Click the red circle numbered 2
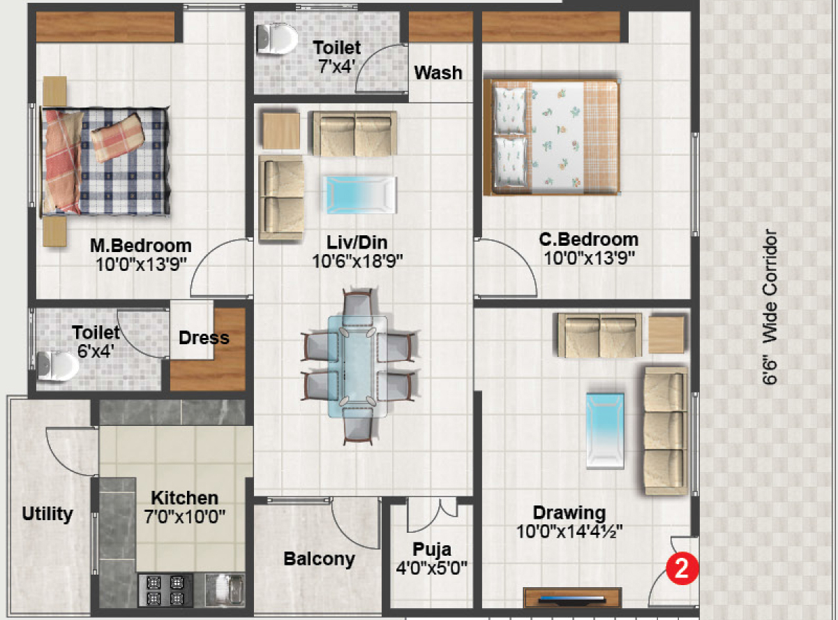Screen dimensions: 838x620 [682, 568]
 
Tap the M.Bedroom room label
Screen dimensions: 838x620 [141, 246]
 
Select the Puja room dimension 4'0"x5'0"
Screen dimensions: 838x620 [431, 568]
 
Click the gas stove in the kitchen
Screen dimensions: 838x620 [165, 590]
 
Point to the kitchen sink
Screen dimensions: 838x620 [225, 590]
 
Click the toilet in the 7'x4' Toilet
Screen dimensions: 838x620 [276, 39]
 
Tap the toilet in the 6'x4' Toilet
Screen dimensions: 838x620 [58, 366]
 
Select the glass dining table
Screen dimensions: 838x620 [357, 367]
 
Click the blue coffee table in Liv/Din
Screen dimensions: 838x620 [359, 195]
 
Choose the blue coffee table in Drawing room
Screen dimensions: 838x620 [605, 431]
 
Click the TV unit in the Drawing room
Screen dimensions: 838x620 [572, 598]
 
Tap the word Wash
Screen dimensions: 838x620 [438, 73]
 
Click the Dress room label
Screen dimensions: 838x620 [204, 338]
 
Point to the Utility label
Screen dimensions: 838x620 [47, 514]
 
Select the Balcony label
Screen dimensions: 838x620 [320, 559]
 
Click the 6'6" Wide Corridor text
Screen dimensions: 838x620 [770, 307]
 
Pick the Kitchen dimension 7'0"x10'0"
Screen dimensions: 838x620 [184, 517]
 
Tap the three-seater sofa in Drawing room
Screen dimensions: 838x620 [666, 431]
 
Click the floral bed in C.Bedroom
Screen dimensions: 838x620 [552, 138]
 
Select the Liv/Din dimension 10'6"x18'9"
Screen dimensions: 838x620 [357, 261]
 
